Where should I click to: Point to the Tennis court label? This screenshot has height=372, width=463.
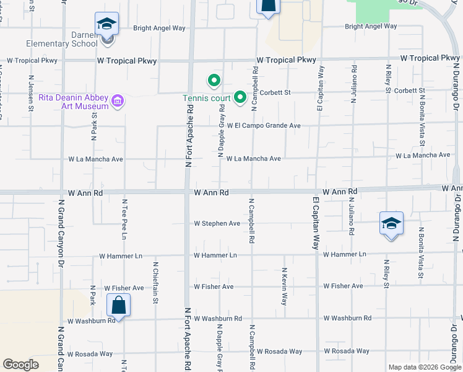[206, 98]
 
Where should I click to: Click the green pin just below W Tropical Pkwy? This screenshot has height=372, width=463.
[214, 80]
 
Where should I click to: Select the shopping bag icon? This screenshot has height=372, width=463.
[118, 306]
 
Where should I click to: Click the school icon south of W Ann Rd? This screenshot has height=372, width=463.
[391, 223]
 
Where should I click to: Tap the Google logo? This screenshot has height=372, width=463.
[21, 365]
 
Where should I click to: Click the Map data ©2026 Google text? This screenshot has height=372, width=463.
[424, 366]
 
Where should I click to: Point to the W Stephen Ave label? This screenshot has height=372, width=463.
[217, 223]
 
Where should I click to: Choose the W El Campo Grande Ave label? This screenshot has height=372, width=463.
[264, 126]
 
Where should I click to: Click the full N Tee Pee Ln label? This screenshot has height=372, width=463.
[124, 219]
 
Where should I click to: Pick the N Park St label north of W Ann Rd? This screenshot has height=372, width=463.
[95, 126]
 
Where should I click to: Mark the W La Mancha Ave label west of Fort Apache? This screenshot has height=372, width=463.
[95, 159]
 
